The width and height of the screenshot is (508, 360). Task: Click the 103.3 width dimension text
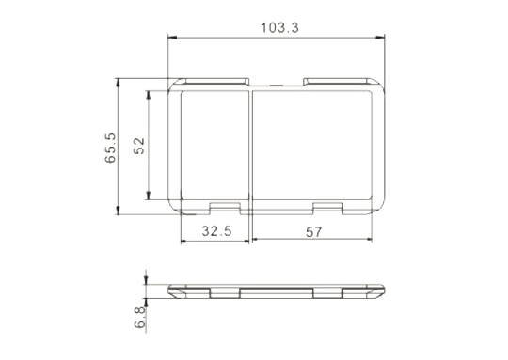tap(280, 28)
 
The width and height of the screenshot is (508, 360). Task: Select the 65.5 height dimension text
tap(110, 148)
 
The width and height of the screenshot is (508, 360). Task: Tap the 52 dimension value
tap(139, 146)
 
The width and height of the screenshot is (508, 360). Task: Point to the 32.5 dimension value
tap(216, 231)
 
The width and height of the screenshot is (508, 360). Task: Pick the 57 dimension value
tap(314, 232)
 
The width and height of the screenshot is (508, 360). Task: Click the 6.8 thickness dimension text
tap(140, 318)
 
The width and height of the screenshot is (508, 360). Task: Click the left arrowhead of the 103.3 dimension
tap(172, 38)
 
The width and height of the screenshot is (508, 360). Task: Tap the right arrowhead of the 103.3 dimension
tap(380, 38)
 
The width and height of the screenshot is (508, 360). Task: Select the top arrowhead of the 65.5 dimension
tap(118, 83)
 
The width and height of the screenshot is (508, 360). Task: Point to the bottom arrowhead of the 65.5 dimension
tap(118, 211)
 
